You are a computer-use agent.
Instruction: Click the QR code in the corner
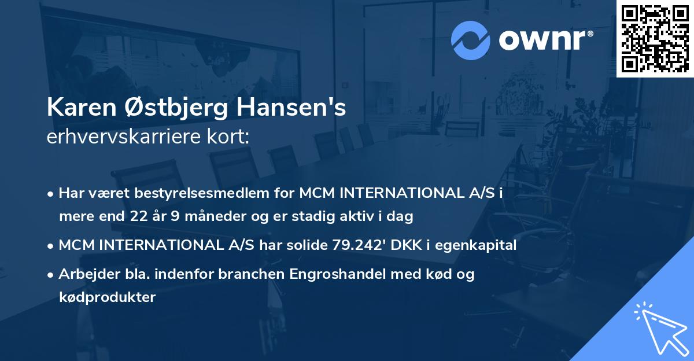pos(655,39)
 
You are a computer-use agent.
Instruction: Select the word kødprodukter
pos(107,298)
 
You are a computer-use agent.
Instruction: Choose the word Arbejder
pos(86,274)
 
